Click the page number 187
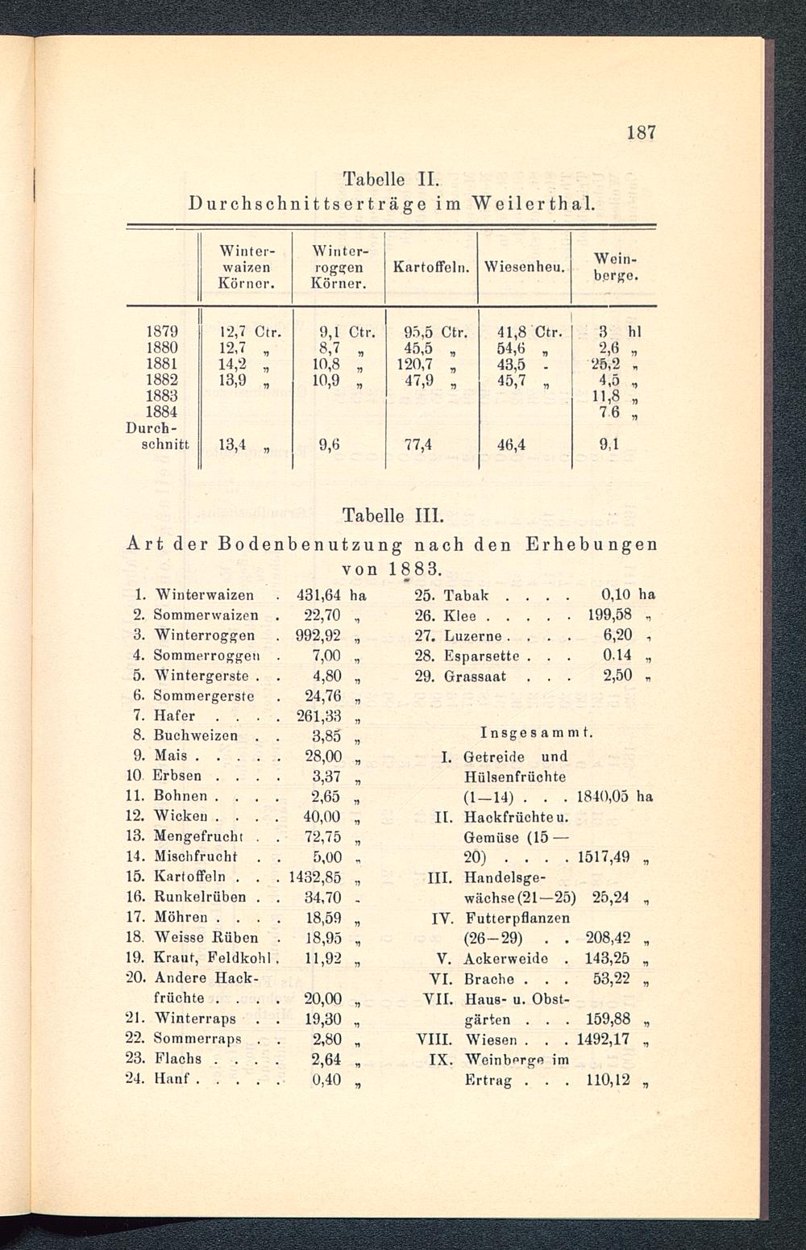641,132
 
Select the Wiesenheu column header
524,266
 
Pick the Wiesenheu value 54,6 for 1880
514,347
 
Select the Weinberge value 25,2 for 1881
604,364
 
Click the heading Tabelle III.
393,515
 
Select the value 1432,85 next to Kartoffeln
316,877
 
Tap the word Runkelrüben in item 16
201,897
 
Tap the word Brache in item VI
490,978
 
